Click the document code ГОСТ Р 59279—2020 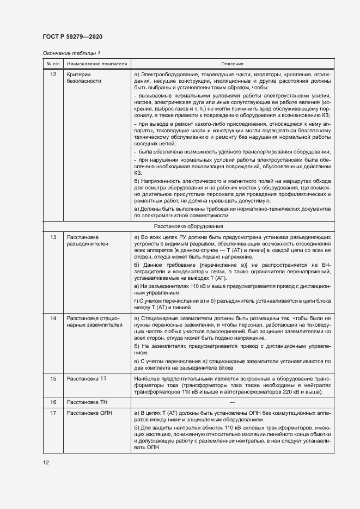click(72, 36)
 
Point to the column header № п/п click(53, 64)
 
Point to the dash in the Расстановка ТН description click(232, 402)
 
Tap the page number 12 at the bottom click(46, 462)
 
